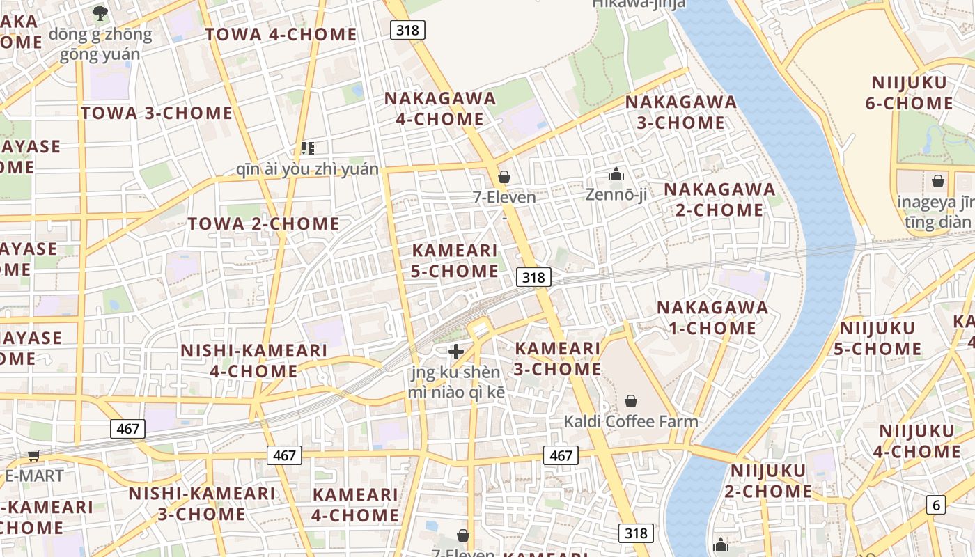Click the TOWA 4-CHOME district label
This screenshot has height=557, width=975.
pyautogui.click(x=281, y=34)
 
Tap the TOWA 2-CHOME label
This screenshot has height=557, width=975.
pyautogui.click(x=263, y=223)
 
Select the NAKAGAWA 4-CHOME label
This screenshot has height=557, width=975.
pyautogui.click(x=440, y=109)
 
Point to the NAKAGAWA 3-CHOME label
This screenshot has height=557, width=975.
pyautogui.click(x=680, y=112)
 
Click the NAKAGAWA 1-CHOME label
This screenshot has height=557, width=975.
pyautogui.click(x=712, y=317)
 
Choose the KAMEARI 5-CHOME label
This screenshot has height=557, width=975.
pyautogui.click(x=455, y=260)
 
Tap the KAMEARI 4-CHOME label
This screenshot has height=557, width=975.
pyautogui.click(x=355, y=505)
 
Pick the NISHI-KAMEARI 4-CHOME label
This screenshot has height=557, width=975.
pyautogui.click(x=253, y=360)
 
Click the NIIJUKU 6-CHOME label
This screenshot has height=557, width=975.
pyautogui.click(x=909, y=93)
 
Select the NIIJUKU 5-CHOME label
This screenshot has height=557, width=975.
pyautogui.click(x=877, y=338)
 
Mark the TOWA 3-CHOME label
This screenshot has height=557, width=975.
pyautogui.click(x=157, y=113)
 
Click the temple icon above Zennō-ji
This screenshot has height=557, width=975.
pyautogui.click(x=616, y=174)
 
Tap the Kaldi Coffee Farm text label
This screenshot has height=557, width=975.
pyautogui.click(x=630, y=421)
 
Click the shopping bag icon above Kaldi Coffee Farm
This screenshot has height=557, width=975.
pyautogui.click(x=631, y=400)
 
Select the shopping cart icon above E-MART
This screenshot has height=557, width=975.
pyautogui.click(x=33, y=456)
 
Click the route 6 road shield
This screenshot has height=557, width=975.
pyautogui.click(x=935, y=505)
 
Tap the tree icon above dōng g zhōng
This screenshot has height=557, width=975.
pyautogui.click(x=100, y=13)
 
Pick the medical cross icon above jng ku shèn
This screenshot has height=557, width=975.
pyautogui.click(x=456, y=352)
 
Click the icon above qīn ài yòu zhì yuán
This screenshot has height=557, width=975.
pyautogui.click(x=307, y=148)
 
